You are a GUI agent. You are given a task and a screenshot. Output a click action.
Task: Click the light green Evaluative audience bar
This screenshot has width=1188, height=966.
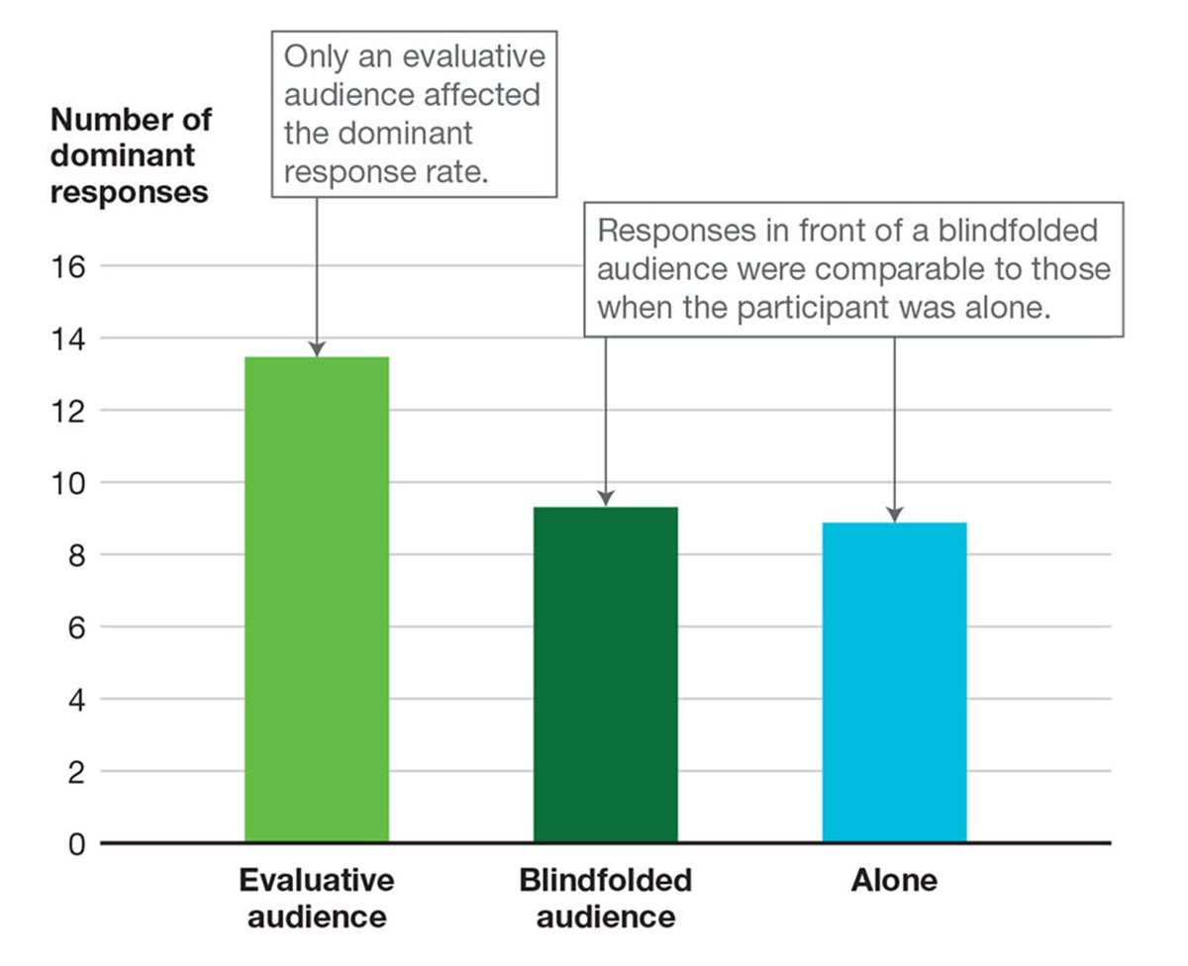pyautogui.click(x=316, y=599)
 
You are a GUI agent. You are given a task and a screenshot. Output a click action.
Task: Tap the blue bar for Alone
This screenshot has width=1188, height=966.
pyautogui.click(x=894, y=683)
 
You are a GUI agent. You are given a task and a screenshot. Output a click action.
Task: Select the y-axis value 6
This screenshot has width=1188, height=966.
pyautogui.click(x=75, y=628)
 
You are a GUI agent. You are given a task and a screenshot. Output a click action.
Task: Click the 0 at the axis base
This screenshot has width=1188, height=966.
pyautogui.click(x=75, y=844)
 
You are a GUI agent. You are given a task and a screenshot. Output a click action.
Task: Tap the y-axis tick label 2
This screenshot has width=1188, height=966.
pyautogui.click(x=75, y=772)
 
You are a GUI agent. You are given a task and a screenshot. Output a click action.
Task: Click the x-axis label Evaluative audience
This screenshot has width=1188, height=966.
pyautogui.click(x=316, y=898)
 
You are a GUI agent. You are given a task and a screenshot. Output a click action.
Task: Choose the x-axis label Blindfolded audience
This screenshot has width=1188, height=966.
pyautogui.click(x=605, y=898)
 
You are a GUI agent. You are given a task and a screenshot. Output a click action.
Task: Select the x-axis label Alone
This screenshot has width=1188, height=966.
pyautogui.click(x=894, y=881)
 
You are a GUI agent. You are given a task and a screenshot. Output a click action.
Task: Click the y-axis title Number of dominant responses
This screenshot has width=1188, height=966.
pyautogui.click(x=130, y=155)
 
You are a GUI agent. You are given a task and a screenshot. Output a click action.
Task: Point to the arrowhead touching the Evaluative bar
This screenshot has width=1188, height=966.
pyautogui.click(x=316, y=348)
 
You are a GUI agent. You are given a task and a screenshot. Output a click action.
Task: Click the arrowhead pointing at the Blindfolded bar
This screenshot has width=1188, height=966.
pyautogui.click(x=606, y=498)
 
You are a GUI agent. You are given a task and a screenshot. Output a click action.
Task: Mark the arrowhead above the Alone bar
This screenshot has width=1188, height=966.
pyautogui.click(x=894, y=514)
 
